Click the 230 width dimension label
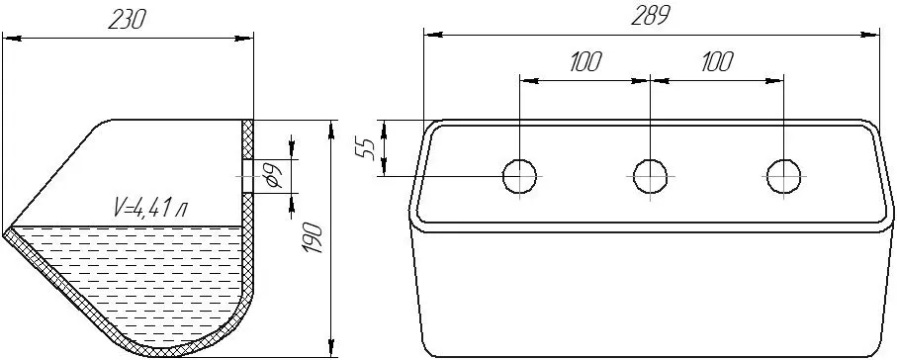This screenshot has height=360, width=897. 128,20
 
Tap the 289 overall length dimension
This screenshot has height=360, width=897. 650,17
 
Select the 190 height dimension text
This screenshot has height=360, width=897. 314,238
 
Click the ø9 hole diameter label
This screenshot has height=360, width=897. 273,175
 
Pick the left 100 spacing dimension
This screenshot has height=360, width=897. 584,61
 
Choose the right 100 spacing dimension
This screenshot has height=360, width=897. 716,61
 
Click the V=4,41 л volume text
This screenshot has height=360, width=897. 149,209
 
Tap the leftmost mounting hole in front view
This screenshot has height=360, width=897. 519,176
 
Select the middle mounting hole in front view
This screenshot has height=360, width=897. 651,176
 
